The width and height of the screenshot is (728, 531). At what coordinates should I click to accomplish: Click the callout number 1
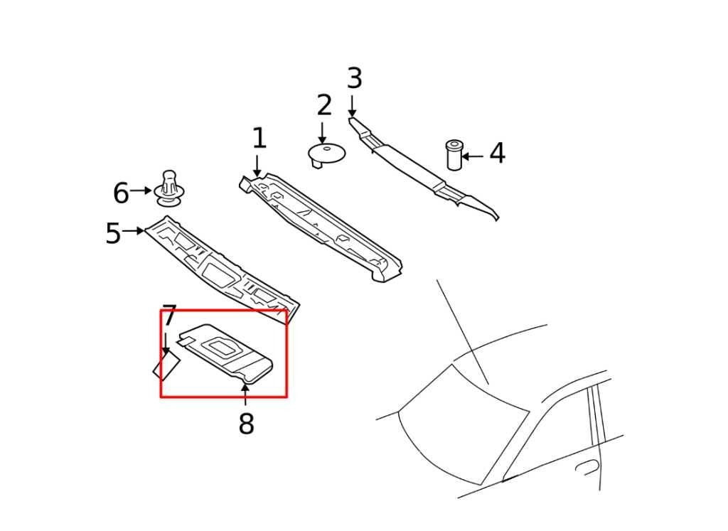pos(259,139)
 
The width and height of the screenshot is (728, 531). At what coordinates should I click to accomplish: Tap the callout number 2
pos(324,105)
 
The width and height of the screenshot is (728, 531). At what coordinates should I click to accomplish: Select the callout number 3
pos(354,79)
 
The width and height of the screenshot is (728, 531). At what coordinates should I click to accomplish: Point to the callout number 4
pos(497,154)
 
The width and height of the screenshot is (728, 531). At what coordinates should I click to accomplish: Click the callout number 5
pos(113,233)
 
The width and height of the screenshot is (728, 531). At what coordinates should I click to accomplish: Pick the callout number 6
pos(121,193)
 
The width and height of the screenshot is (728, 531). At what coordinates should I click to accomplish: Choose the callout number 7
pos(168,316)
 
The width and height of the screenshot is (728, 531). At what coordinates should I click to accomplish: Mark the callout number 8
pos(246,424)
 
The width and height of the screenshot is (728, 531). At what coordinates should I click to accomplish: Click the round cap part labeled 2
pos(326,152)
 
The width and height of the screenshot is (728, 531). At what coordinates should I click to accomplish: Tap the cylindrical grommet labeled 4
pos(454,155)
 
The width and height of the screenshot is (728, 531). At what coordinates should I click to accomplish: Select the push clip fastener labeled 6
pos(169,188)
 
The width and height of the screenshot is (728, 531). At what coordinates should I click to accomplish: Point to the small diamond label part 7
pos(167,367)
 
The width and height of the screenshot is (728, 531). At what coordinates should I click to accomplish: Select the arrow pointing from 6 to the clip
pos(141,191)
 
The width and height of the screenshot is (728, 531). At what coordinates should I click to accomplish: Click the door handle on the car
pos(587,466)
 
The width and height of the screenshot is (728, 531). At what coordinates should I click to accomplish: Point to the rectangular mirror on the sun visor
pos(220,347)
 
